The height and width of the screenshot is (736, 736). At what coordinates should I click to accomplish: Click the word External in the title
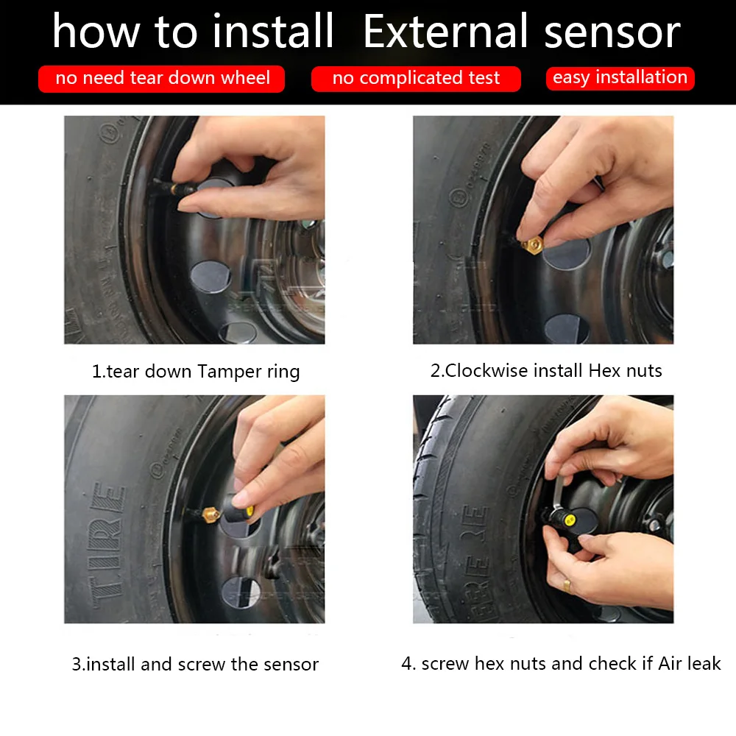click(x=445, y=31)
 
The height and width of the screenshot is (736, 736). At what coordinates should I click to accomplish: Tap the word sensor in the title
click(x=612, y=34)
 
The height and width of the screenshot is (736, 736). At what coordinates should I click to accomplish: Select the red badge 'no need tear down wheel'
click(x=161, y=79)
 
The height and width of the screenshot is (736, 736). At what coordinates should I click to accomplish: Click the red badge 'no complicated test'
click(x=416, y=79)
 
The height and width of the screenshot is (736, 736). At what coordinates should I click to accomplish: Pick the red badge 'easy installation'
click(x=620, y=78)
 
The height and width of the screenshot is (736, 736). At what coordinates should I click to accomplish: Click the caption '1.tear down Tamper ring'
click(x=196, y=371)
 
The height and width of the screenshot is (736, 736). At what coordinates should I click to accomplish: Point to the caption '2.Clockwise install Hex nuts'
click(x=546, y=370)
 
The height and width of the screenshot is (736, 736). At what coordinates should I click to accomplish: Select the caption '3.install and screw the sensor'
click(x=195, y=664)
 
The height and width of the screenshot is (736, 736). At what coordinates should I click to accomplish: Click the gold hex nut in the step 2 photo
click(x=532, y=245)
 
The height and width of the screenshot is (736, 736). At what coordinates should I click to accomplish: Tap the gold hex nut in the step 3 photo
click(x=211, y=515)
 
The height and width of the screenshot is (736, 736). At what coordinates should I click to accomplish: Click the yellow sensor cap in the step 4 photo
click(x=570, y=520)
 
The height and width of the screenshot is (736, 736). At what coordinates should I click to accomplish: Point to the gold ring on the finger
click(x=567, y=586)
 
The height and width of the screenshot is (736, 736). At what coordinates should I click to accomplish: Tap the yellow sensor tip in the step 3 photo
click(x=250, y=512)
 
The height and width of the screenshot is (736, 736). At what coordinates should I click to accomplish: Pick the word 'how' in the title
click(x=96, y=32)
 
